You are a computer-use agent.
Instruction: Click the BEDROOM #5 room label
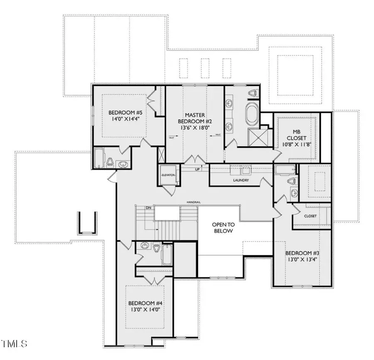(120, 113)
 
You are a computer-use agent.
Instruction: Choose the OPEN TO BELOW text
(223, 227)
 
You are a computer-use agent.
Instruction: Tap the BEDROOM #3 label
(302, 253)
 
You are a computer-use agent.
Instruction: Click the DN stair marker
(148, 207)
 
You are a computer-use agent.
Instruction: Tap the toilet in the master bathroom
(254, 94)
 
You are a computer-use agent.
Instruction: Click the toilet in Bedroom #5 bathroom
(110, 162)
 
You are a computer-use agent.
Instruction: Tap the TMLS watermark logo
(14, 344)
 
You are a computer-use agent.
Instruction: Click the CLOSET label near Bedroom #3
(310, 216)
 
